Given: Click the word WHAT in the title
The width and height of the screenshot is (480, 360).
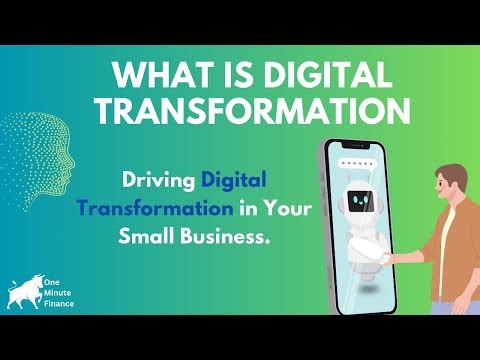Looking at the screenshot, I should (151, 75).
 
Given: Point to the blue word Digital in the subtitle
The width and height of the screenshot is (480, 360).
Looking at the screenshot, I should (235, 182).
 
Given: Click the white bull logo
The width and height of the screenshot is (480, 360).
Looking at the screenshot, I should (25, 293).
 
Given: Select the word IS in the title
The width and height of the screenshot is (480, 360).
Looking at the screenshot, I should (213, 75).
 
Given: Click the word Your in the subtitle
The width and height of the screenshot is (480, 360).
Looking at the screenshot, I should (282, 210).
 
